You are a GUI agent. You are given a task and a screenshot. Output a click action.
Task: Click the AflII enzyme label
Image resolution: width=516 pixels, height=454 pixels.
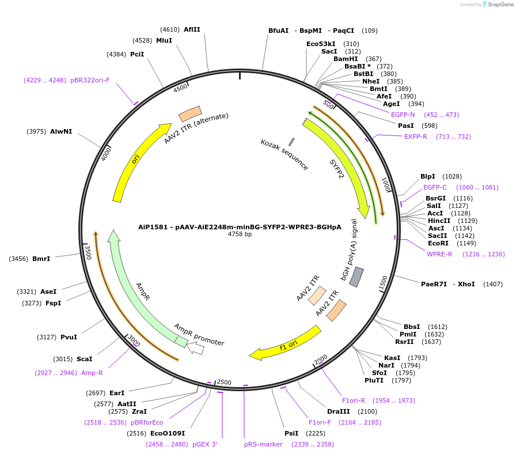[192, 29]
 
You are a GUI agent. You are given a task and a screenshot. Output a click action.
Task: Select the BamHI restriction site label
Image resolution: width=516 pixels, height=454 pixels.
[346, 59]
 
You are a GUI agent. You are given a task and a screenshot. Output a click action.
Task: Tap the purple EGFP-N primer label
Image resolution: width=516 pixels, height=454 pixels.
[403, 115]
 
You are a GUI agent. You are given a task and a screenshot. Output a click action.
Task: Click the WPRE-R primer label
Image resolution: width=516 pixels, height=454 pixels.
[439, 254]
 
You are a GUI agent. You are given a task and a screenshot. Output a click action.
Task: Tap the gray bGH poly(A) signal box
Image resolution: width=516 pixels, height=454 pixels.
[357, 277]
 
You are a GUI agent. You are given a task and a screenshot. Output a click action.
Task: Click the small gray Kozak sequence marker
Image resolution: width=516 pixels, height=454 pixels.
[291, 142]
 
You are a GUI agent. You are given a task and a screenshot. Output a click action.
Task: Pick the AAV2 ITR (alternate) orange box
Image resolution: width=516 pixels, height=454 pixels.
[190, 113]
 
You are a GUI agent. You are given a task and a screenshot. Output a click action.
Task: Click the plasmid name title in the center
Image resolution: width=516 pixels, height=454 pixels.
[240, 226]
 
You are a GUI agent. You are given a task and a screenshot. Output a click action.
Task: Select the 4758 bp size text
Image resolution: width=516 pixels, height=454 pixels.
[240, 234]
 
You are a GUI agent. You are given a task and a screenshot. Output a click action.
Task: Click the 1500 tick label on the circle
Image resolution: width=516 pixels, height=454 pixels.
[383, 282]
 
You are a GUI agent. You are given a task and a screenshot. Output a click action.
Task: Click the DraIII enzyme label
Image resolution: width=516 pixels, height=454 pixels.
[338, 411]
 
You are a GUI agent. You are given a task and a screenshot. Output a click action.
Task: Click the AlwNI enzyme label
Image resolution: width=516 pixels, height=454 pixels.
[61, 131]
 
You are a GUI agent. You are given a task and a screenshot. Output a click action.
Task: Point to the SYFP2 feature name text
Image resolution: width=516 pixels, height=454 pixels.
[337, 169]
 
